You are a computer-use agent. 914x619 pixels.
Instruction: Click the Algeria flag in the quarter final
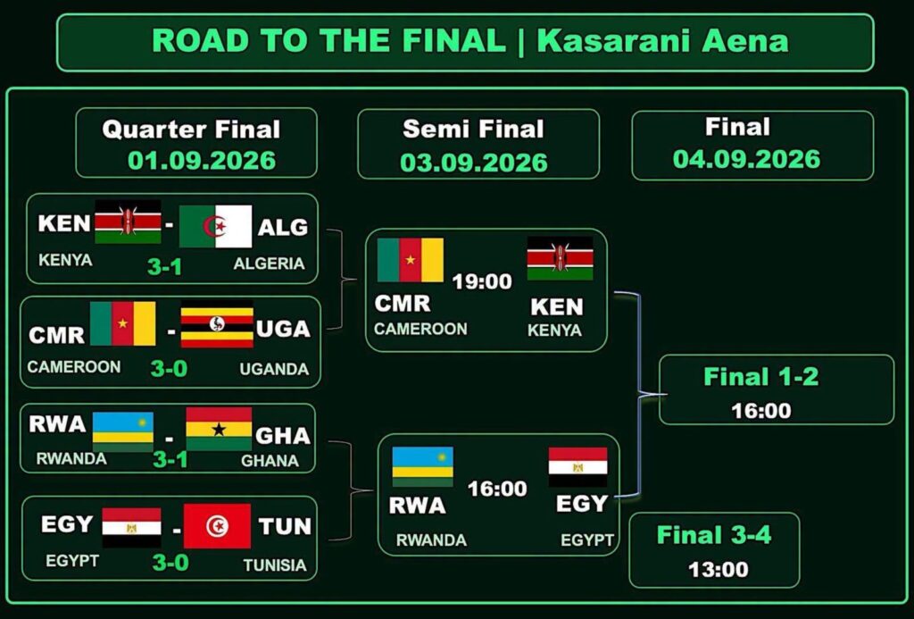click(216, 226)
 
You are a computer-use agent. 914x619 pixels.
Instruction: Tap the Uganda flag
click(217, 324)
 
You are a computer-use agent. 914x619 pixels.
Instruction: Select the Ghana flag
click(220, 429)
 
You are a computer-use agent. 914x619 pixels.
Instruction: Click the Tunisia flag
click(218, 526)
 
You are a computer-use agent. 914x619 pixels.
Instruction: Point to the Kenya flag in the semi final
click(561, 258)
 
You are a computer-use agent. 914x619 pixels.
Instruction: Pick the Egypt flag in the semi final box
click(577, 467)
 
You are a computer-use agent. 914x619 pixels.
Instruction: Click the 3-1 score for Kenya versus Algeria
click(164, 266)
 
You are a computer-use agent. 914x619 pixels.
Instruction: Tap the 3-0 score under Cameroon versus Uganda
click(169, 368)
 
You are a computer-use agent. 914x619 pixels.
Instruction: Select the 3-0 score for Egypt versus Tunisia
click(170, 563)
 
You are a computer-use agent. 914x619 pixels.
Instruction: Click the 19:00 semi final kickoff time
click(482, 281)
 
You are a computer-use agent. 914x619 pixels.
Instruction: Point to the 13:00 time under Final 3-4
click(719, 569)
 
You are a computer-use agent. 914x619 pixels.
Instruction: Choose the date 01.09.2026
click(202, 161)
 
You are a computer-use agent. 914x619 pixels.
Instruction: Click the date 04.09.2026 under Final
click(747, 159)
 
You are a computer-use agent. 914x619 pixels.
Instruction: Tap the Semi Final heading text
click(473, 129)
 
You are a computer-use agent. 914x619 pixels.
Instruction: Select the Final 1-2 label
click(761, 377)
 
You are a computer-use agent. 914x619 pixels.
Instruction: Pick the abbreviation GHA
click(283, 435)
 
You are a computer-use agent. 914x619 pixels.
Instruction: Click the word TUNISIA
click(275, 565)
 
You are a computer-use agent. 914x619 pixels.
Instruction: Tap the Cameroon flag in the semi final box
click(411, 260)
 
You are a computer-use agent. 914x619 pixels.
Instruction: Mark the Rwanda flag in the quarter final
click(123, 432)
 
